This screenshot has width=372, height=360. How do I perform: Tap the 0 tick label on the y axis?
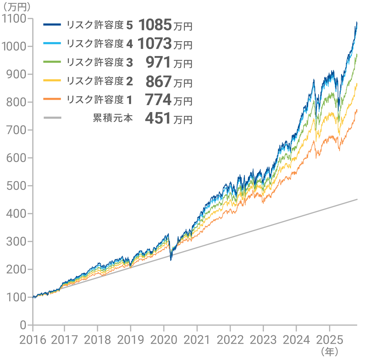[23, 325]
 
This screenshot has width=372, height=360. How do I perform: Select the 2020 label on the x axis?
[164, 340]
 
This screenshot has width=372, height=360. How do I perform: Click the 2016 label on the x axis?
[33, 340]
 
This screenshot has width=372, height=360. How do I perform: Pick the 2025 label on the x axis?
[330, 340]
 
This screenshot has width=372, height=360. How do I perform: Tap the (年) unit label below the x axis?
[329, 352]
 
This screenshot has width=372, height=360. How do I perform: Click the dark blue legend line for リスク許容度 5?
[52, 25]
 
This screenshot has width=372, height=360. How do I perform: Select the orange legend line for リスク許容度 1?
[52, 99]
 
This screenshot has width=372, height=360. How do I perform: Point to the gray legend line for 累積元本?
[52, 118]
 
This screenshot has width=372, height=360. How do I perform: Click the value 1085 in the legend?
[155, 25]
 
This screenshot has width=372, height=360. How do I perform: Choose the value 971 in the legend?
[158, 62]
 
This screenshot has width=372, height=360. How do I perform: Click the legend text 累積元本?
[113, 118]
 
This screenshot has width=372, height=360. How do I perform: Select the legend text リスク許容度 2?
[100, 81]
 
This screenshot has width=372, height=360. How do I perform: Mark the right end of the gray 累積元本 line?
[357, 199]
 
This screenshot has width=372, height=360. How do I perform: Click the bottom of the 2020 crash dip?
[171, 260]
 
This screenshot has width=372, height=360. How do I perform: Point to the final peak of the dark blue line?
[357, 22]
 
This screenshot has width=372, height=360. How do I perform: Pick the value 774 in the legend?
[158, 100]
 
